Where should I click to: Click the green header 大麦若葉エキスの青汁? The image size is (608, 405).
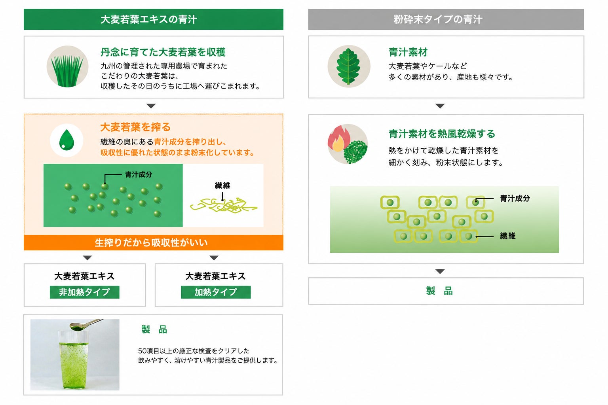click(153, 19)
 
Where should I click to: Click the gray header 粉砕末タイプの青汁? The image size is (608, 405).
click(446, 19)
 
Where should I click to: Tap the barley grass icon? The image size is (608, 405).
click(67, 66)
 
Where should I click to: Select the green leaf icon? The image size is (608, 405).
click(349, 66)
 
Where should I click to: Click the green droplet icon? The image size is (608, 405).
click(66, 140)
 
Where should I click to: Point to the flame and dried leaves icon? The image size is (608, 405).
click(348, 144)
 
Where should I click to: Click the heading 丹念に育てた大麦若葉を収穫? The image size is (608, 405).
click(163, 52)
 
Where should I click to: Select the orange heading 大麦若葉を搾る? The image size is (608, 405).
click(135, 127)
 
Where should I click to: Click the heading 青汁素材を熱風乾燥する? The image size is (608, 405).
click(442, 134)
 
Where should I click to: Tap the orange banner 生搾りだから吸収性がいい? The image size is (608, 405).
click(153, 242)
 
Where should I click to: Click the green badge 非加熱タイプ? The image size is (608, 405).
click(84, 292)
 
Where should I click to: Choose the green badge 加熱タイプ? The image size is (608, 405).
click(216, 292)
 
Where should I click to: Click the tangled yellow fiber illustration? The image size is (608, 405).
click(223, 205)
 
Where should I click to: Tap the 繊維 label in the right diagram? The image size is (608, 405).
click(507, 236)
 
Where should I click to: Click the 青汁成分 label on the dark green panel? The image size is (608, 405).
click(139, 174)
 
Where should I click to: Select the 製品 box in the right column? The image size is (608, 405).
click(446, 291)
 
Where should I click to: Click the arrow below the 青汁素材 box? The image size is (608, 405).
click(440, 106)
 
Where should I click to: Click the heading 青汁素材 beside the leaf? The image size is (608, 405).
click(408, 52)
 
